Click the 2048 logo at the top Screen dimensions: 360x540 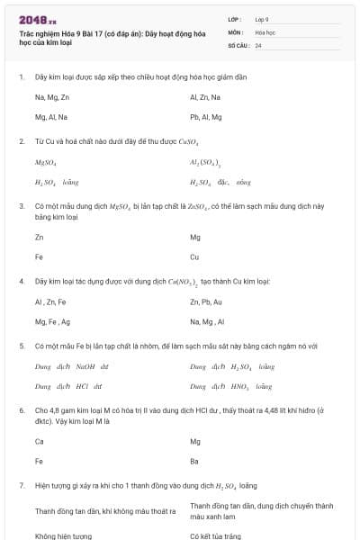38,19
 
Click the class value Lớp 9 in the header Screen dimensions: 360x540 262,19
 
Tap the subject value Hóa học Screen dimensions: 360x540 265,31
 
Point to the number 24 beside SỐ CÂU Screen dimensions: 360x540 258,44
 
